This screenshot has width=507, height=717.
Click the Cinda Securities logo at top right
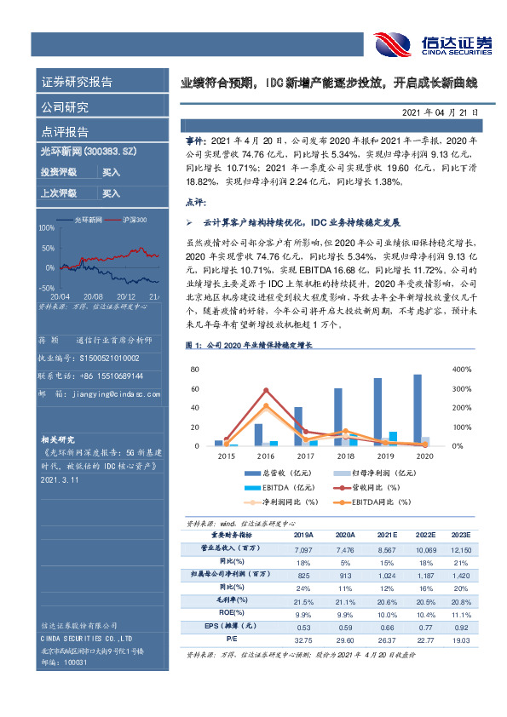click(430, 43)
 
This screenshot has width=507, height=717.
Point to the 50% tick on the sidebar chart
click(49, 248)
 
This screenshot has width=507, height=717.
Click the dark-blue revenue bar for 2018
click(338, 416)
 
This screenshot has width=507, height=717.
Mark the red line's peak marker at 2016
click(266, 391)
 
